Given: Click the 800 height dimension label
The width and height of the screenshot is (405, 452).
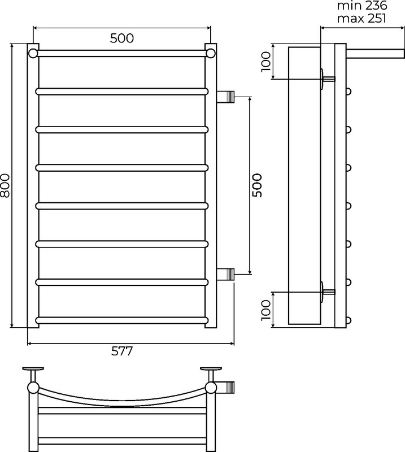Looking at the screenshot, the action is coord(5,185).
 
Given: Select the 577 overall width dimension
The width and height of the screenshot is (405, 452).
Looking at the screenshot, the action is coord(122,351).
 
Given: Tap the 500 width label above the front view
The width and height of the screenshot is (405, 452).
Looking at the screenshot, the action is coord(122,38).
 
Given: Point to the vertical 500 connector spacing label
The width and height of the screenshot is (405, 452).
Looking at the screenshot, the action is coord(257,185).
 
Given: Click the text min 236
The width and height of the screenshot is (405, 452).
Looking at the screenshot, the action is coord(362,6).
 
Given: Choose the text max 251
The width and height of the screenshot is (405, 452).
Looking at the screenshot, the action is coord(362,19).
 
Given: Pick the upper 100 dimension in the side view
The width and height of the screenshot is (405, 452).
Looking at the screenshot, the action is coord(266,62).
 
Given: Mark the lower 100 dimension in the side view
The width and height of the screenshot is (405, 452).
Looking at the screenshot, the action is coord(266,310).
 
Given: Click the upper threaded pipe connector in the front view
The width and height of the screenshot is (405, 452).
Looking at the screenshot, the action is coord(225,97).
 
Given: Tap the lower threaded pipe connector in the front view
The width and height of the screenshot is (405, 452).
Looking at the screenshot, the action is coord(225,274).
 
